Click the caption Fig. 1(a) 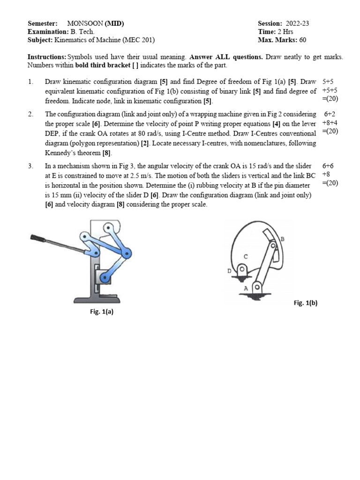coord(101,311)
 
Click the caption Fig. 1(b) coord(305,303)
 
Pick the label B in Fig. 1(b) coord(282,239)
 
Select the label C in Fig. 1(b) coord(245,256)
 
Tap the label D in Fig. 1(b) coord(230,270)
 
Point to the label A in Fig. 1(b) coord(246,289)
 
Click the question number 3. coord(30,166)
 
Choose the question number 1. coord(30,82)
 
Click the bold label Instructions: coord(47,57)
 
